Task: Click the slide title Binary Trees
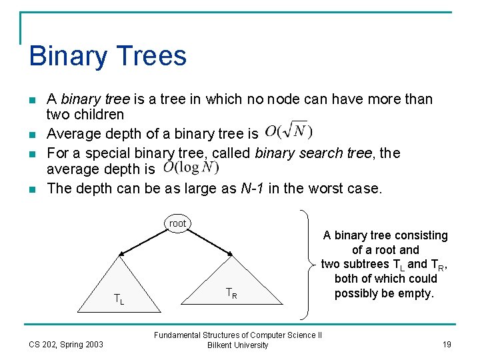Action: [107, 56]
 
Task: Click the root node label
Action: [177, 223]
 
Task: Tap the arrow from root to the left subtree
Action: [143, 241]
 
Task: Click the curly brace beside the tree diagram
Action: [308, 264]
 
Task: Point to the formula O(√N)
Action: [288, 131]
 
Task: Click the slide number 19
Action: [446, 345]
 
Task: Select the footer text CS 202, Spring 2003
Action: [66, 345]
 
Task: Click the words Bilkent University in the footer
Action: [238, 345]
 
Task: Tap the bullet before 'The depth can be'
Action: [33, 189]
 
